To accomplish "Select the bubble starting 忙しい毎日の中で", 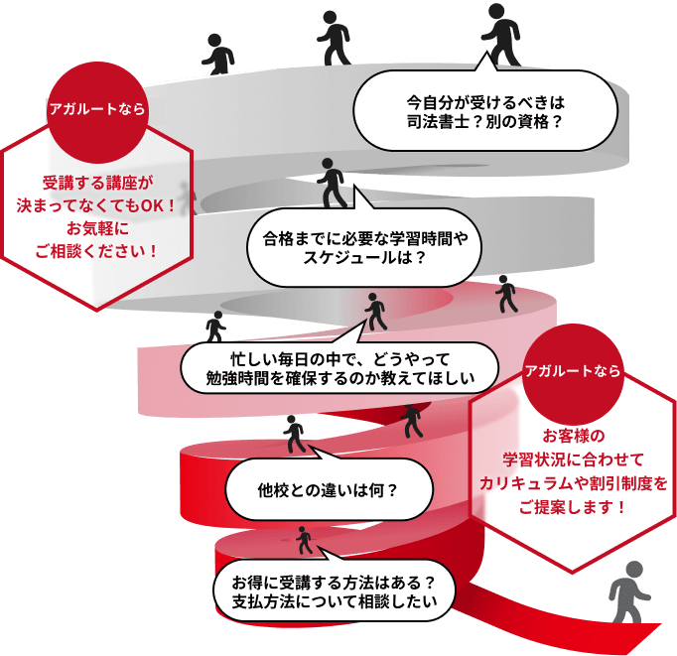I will pos(338,367).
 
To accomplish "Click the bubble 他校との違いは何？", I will pos(328,489).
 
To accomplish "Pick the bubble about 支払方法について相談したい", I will pos(327,590).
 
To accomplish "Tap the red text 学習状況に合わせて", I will pos(573,459).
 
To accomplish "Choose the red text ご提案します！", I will pos(573,506).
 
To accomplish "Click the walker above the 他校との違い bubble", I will pos(295,433).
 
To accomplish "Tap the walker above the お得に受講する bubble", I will pos(304,540).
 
